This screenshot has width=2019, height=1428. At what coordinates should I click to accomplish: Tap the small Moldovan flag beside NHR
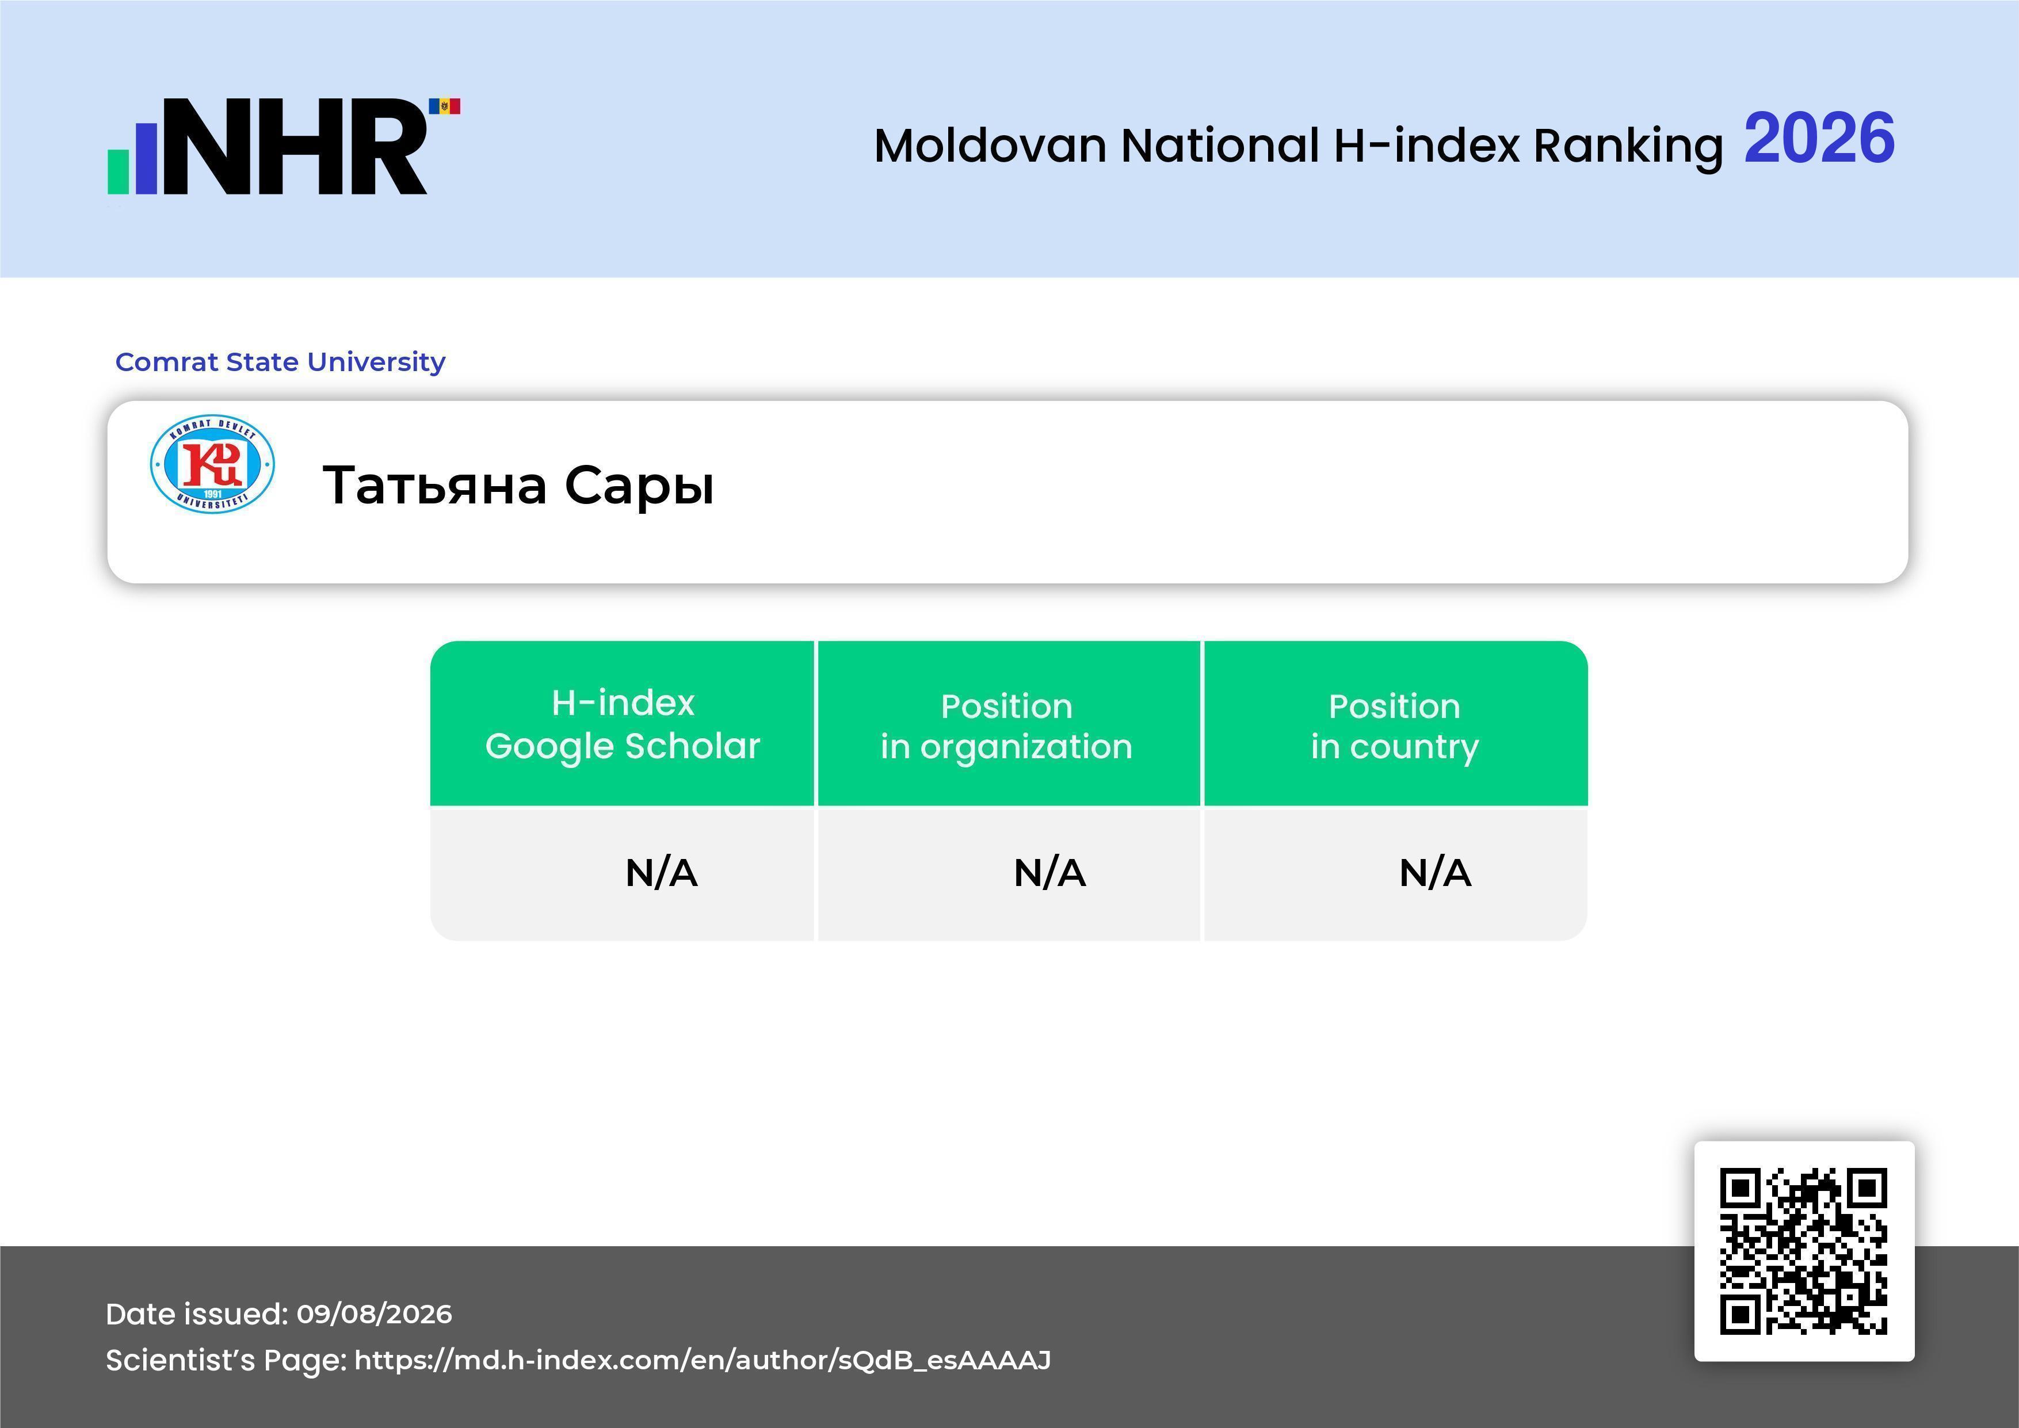[x=444, y=106]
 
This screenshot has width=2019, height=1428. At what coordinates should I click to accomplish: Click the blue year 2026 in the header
[x=1819, y=138]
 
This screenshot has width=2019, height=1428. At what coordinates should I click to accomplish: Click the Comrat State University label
[x=281, y=361]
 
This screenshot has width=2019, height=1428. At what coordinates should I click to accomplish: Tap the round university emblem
[x=212, y=463]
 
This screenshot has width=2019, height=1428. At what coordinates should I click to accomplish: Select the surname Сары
[x=639, y=486]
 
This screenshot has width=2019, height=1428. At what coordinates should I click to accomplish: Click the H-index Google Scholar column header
[x=623, y=724]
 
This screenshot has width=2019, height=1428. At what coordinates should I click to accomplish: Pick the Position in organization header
[x=1007, y=726]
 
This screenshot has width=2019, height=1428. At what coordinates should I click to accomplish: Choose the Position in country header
[x=1395, y=726]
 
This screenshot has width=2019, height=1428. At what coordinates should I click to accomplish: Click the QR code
[x=1804, y=1251]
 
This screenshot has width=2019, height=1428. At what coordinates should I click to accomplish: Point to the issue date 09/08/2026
[x=375, y=1314]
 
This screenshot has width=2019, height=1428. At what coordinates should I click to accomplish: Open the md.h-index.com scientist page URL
[x=703, y=1360]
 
